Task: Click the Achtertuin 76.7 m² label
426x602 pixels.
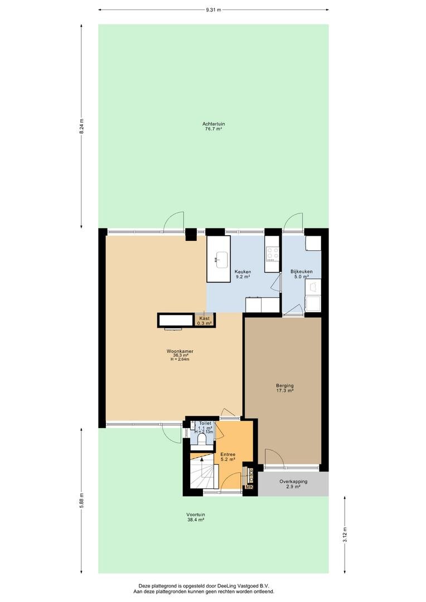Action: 214,127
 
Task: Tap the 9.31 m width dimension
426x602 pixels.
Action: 214,10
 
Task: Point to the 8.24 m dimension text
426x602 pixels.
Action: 81,126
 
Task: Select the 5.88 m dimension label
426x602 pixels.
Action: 81,500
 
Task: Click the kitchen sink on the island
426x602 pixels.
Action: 218,260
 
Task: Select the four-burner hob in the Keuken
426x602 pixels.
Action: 273,253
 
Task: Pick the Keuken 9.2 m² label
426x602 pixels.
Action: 243,274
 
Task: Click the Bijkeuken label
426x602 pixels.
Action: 302,271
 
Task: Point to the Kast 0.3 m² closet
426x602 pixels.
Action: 204,321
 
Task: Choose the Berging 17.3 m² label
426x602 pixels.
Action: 284,388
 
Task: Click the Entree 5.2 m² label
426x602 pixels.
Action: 228,457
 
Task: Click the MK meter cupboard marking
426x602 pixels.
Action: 249,487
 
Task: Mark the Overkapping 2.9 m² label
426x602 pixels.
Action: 293,484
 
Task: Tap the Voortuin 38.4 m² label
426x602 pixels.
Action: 196,517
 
